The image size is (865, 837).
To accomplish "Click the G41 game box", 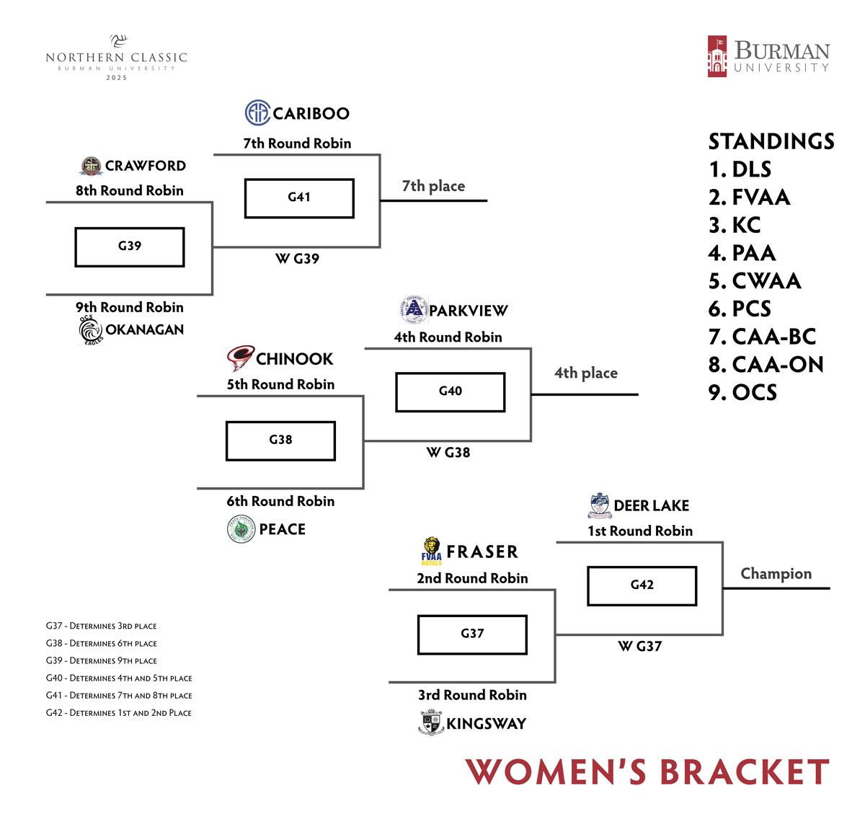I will tap(299, 198).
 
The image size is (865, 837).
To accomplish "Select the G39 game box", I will tap(130, 247).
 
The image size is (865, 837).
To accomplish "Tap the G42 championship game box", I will tap(642, 585).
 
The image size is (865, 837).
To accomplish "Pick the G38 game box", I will tap(280, 440).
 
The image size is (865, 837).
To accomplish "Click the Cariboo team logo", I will tap(257, 113).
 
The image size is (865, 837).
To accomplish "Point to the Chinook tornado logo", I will tap(240, 358).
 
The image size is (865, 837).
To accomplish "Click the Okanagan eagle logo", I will tap(91, 331).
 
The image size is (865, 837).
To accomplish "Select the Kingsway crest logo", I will tap(432, 722).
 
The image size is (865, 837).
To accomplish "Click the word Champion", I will tap(776, 574).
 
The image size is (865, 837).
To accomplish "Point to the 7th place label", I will tap(433, 186).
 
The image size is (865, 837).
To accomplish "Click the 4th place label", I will tap(585, 373).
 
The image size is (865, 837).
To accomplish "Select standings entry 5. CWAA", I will tap(755, 280).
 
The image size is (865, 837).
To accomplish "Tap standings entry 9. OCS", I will tap(742, 392).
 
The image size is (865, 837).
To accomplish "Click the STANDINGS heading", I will tap(771, 141).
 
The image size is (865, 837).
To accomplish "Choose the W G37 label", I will tap(639, 647).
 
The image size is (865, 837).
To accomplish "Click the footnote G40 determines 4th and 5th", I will tap(119, 678).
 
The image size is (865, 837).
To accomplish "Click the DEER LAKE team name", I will tap(651, 506).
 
